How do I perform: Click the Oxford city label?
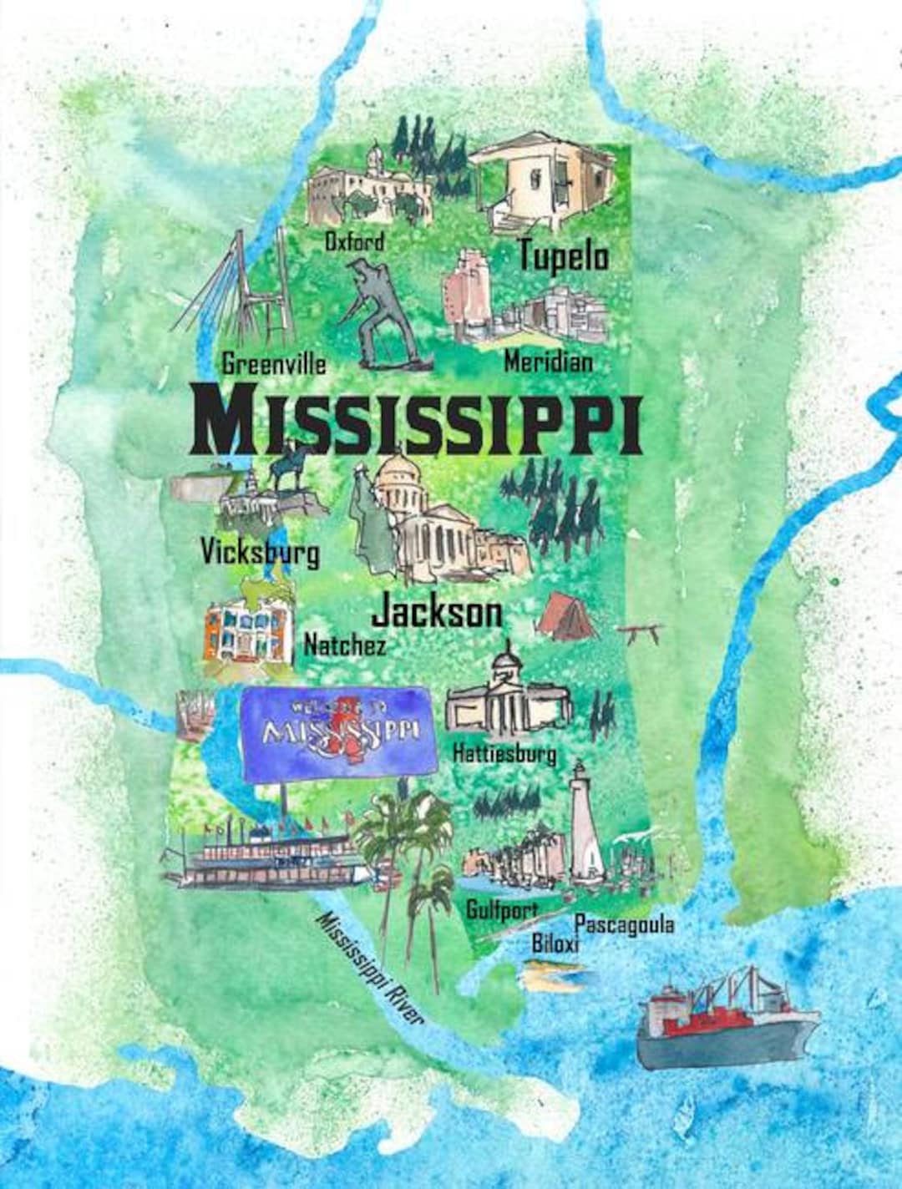click(355, 242)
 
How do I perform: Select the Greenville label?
click(274, 364)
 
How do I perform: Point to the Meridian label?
click(549, 362)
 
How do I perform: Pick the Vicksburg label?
click(260, 552)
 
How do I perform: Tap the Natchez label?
click(345, 645)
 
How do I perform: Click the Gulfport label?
click(501, 909)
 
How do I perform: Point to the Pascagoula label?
click(625, 923)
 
